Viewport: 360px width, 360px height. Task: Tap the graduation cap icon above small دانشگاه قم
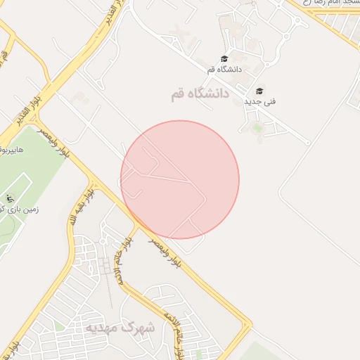click(x=224, y=59)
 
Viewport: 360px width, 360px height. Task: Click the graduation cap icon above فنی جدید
click(x=259, y=91)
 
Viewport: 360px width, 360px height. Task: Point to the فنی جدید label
click(x=259, y=102)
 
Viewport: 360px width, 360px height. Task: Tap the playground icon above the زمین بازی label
click(x=10, y=198)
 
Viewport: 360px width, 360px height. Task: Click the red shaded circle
click(x=180, y=179)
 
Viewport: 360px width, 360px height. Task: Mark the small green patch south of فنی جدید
click(x=257, y=127)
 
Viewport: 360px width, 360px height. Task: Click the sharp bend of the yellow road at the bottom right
click(x=249, y=326)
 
